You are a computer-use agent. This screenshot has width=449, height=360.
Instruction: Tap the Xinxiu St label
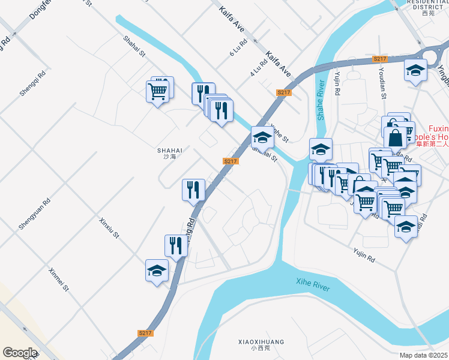[x=109, y=228]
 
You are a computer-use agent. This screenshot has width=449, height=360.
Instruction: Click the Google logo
[x=19, y=353]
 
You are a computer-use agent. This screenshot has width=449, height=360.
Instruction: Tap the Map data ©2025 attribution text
[x=423, y=355]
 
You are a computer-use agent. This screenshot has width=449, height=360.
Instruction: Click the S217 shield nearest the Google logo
[x=145, y=333]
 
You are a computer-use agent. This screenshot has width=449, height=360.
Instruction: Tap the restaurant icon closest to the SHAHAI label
[x=193, y=190]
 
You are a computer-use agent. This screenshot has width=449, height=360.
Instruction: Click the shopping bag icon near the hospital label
[x=396, y=137]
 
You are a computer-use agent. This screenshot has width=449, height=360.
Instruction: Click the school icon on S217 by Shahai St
[x=262, y=139]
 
